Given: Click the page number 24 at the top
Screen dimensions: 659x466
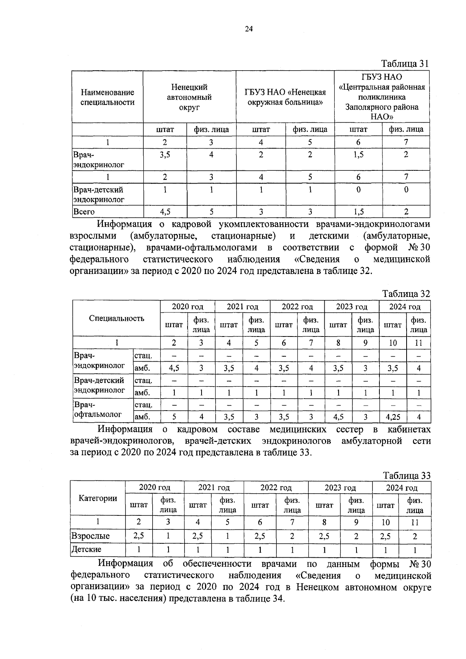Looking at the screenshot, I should pyautogui.click(x=249, y=29).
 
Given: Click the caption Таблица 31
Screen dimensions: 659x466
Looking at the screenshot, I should pyautogui.click(x=405, y=64).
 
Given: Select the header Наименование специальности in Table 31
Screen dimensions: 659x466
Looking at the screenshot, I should pyautogui.click(x=108, y=97).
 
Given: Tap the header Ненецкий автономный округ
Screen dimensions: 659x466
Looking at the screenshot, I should pyautogui.click(x=189, y=97).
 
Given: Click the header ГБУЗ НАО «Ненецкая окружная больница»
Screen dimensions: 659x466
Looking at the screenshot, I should pyautogui.click(x=285, y=97).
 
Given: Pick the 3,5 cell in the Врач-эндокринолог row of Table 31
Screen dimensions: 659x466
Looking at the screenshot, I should pyautogui.click(x=165, y=154).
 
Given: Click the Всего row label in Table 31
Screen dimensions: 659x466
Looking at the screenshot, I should pyautogui.click(x=84, y=212).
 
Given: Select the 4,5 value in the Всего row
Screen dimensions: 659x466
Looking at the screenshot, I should pyautogui.click(x=165, y=212).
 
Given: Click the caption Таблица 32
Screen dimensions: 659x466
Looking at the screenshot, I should pyautogui.click(x=406, y=294).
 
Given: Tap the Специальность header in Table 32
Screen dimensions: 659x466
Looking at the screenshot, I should pyautogui.click(x=116, y=318).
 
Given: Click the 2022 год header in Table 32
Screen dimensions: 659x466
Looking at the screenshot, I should pyautogui.click(x=297, y=307).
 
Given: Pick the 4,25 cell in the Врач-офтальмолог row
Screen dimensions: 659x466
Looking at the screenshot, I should pyautogui.click(x=393, y=417).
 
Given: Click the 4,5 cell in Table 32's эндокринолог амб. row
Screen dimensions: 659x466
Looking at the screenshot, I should pyautogui.click(x=174, y=368).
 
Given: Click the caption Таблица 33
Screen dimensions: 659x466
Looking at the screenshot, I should pyautogui.click(x=407, y=475).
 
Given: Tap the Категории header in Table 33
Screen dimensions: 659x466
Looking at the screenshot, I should pyautogui.click(x=98, y=498).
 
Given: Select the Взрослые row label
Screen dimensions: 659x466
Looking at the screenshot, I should pyautogui.click(x=90, y=536).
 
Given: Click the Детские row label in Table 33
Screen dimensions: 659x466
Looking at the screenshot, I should pyautogui.click(x=87, y=550).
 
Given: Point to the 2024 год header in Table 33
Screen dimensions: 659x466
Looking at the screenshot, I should pyautogui.click(x=402, y=488).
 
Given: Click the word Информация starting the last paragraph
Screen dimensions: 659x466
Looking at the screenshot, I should pyautogui.click(x=125, y=564).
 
